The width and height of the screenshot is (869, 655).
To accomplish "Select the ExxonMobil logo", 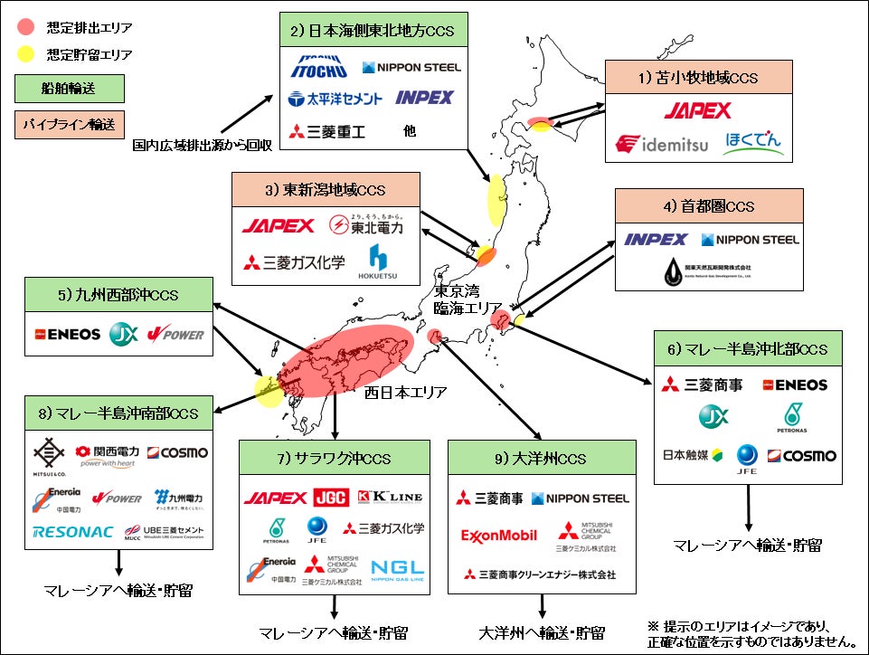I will coord(499,536).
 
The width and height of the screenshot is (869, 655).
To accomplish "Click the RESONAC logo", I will coord(66,532).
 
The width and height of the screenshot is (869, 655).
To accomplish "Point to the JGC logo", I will coord(331,498).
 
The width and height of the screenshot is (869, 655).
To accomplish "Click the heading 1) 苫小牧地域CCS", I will coord(698,77).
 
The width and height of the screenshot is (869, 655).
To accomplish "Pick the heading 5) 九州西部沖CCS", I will coord(118,294).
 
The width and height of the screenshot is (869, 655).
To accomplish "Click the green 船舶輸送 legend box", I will coord(70,89).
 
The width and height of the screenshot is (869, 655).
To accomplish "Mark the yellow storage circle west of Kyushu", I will coord(269,391).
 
